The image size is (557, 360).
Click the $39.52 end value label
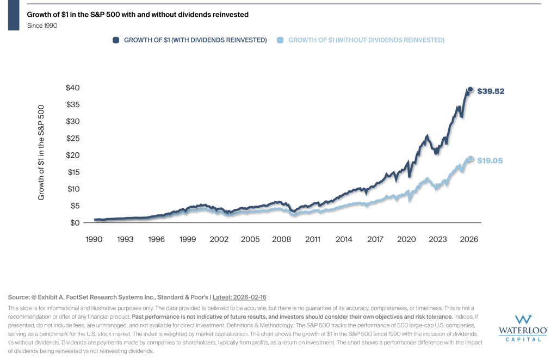491,91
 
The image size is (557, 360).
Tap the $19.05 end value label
490,160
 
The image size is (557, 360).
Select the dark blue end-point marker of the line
471,90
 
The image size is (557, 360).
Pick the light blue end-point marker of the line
471,159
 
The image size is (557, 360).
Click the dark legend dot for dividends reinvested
116,40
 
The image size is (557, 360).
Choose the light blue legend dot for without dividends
280,40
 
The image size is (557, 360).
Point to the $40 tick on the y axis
73,88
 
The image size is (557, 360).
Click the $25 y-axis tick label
73,138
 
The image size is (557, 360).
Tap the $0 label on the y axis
75,222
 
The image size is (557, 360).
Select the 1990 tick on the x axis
94,239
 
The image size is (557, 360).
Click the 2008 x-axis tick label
281,239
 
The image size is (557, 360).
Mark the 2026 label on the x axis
469,239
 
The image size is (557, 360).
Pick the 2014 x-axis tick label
344,239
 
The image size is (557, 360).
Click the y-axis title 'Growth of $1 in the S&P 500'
41,152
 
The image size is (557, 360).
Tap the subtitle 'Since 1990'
42,26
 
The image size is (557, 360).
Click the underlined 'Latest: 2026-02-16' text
239,297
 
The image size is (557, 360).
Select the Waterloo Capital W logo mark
523,320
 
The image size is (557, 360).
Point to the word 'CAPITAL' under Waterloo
523,339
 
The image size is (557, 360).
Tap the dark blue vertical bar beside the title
14,15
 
